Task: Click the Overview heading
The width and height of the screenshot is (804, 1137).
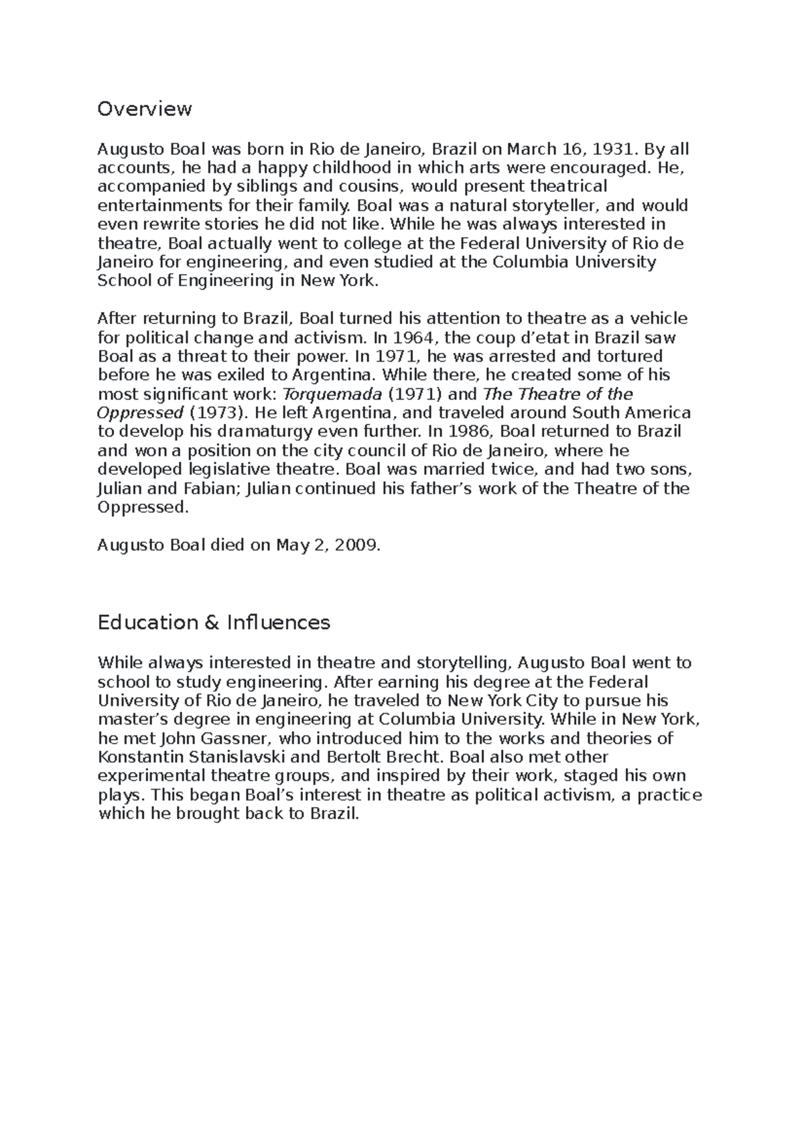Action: coord(145,108)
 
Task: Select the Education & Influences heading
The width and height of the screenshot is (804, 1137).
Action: coord(214,623)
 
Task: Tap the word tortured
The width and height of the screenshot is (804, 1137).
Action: coord(629,356)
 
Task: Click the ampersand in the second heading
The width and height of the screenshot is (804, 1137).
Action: coord(210,623)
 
